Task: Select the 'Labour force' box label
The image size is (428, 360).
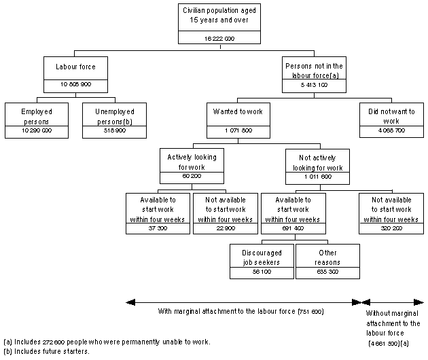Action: (74, 68)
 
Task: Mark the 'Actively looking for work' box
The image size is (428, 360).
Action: (191, 161)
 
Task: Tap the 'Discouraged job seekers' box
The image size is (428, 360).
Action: (261, 257)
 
